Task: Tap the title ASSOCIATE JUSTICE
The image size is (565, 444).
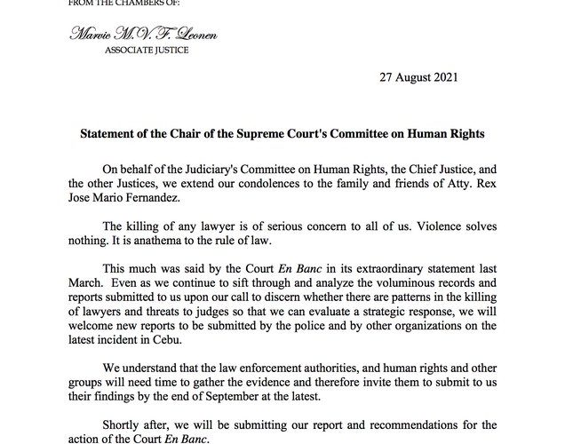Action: click(130, 51)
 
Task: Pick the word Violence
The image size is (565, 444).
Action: click(453, 234)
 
